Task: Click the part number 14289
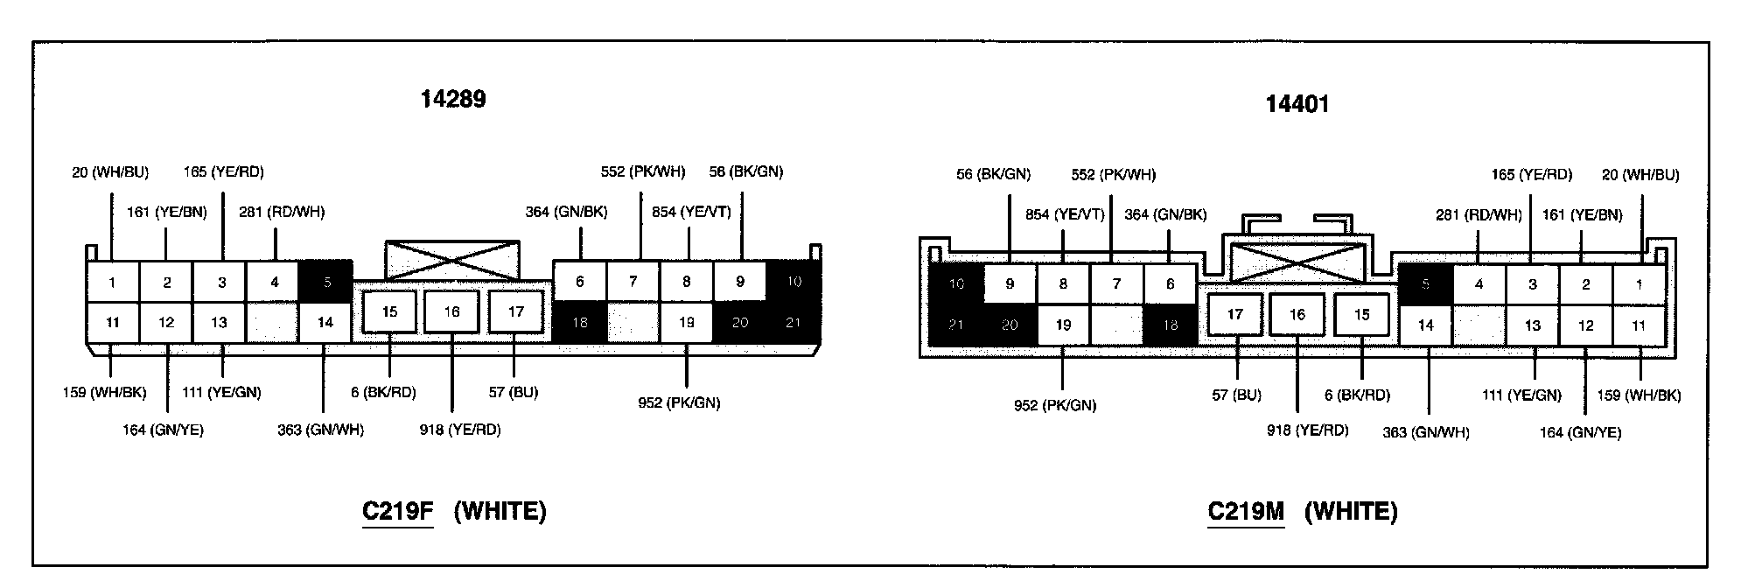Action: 452,99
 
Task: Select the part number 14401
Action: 1297,104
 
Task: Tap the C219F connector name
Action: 398,511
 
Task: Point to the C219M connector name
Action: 1246,511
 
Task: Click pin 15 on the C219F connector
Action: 389,312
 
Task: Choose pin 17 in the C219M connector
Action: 1234,314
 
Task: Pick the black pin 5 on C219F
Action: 326,283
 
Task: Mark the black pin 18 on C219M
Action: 1170,325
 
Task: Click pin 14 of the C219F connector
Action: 325,323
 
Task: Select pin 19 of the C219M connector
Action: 1063,325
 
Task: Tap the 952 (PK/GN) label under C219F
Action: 679,402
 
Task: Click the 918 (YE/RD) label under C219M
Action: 1307,430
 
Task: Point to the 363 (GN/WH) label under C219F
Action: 320,430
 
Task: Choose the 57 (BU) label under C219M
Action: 1236,395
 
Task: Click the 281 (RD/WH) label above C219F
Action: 282,212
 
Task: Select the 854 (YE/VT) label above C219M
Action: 1065,214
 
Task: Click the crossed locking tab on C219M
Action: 1297,262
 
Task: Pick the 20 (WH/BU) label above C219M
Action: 1640,175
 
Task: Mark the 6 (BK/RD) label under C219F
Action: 383,393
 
